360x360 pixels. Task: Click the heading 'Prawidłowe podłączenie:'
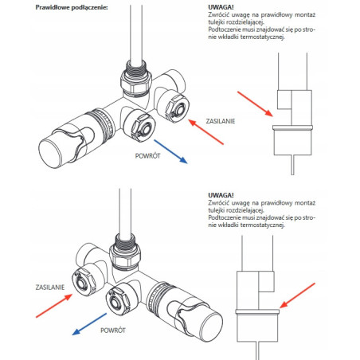(72, 7)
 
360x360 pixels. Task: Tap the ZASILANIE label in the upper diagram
(221, 121)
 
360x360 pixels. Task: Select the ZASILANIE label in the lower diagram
(50, 288)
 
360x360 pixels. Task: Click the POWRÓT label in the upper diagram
(147, 156)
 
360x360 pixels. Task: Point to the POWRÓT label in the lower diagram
(113, 331)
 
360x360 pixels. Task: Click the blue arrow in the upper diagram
(170, 151)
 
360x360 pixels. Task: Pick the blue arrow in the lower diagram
(89, 324)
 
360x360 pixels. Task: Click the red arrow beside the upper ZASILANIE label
(206, 132)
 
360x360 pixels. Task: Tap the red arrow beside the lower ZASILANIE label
(54, 306)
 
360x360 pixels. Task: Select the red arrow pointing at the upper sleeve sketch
(255, 104)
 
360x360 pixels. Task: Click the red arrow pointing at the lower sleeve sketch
(297, 295)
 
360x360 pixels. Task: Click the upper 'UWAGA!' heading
(221, 7)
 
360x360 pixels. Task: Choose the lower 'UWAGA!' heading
(221, 195)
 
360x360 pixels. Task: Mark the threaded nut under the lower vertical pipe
(125, 253)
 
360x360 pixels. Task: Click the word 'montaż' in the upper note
(305, 15)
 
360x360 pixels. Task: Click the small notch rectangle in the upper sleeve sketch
(284, 100)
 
